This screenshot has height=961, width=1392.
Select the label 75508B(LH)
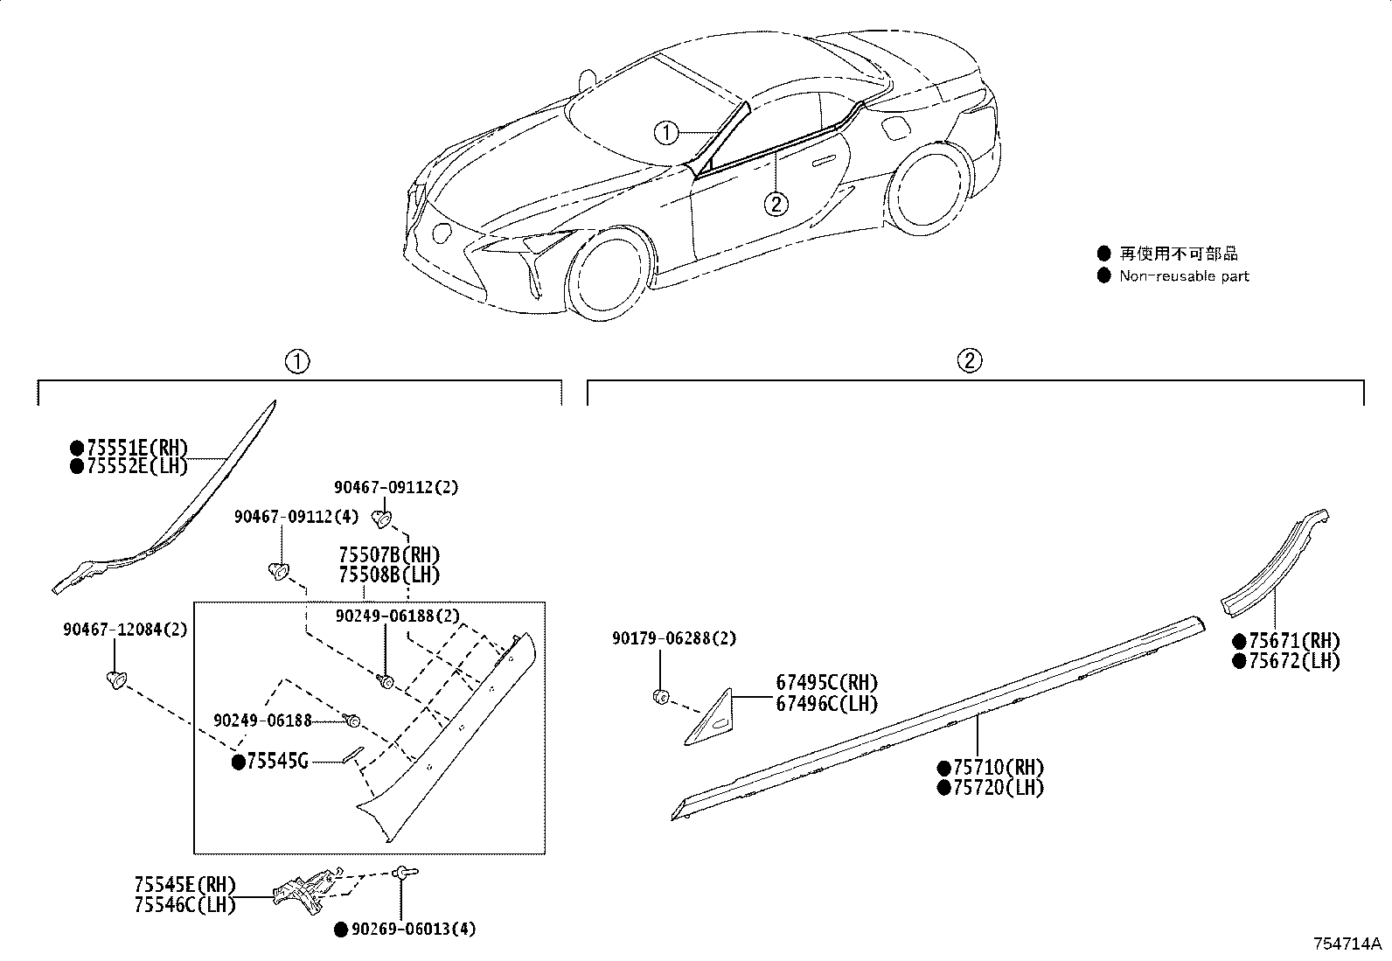pos(389,575)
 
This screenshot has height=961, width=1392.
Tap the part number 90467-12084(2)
pos(124,630)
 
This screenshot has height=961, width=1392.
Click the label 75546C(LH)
pos(185,905)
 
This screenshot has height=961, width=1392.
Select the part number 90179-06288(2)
pos(673,638)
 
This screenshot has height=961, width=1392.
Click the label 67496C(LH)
pos(826,703)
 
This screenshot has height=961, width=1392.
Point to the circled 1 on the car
pos(666,133)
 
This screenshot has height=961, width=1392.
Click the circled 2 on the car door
pos(775,205)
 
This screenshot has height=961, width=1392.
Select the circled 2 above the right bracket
pos(970,360)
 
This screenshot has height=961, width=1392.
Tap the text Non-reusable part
pos(1184,276)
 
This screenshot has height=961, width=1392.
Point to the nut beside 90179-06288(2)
pos(662,697)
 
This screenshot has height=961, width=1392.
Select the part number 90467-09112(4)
pos(296,517)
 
